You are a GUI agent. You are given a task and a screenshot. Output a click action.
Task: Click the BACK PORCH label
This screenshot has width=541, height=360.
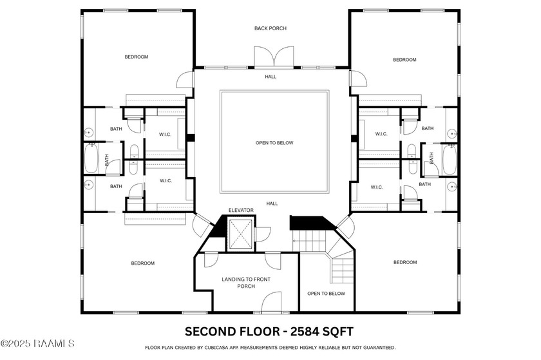[270, 28]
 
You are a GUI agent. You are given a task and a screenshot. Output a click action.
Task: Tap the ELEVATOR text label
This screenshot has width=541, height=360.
[241, 211]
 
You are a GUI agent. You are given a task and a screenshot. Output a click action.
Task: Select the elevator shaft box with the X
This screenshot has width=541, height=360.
[241, 234]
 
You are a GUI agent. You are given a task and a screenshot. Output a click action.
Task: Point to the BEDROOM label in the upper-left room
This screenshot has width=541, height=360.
[136, 57]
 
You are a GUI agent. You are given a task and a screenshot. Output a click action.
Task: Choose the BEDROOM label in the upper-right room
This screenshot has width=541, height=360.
[404, 60]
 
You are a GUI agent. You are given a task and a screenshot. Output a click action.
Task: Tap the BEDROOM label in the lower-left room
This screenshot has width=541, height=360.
[142, 263]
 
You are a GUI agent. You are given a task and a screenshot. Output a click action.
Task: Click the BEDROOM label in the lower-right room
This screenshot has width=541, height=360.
[404, 262]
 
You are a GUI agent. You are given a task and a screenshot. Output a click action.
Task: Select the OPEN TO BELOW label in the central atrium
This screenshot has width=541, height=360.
[275, 143]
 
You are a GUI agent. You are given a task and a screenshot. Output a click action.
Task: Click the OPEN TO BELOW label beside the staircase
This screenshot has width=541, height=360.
[326, 294]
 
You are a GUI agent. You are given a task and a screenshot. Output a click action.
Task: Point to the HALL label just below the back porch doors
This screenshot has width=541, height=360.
[270, 76]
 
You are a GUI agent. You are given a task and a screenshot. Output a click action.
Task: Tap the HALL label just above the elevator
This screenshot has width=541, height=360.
[272, 204]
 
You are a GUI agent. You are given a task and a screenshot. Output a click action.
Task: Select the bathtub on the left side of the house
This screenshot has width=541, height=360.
[91, 158]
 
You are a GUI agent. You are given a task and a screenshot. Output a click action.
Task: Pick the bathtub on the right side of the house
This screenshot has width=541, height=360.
[449, 160]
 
